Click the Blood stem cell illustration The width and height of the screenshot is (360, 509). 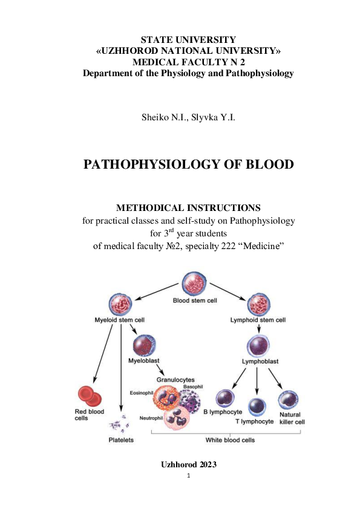pos(195,284)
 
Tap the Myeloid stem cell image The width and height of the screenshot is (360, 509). pos(119,305)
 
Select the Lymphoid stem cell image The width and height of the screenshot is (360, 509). pos(259,305)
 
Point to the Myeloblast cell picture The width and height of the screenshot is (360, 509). pos(144,346)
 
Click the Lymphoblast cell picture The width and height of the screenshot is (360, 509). pos(260,347)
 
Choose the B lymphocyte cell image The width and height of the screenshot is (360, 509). pos(225,398)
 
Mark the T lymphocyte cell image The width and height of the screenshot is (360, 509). pos(257,406)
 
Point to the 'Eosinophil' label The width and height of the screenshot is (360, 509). pos(142,393)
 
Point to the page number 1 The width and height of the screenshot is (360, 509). pos(189,476)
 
